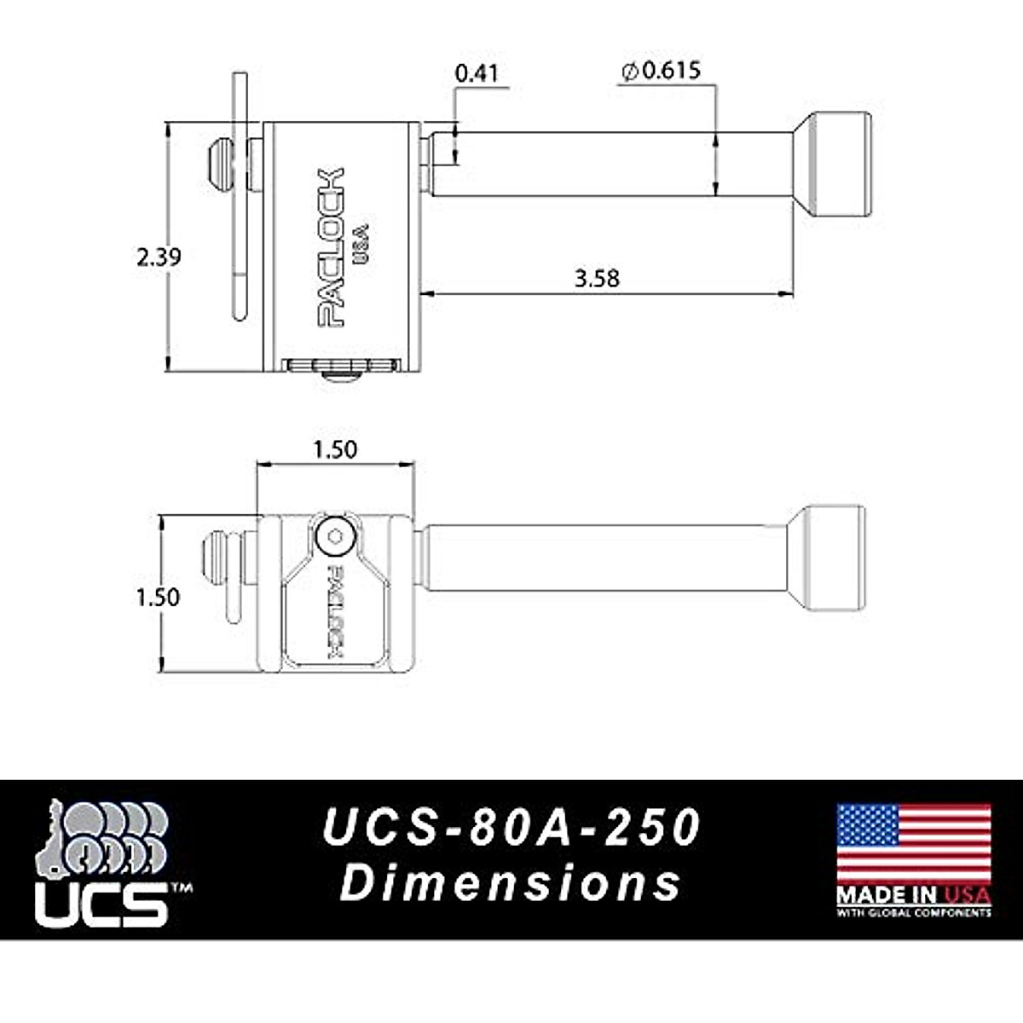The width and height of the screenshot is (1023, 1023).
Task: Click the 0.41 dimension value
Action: pyautogui.click(x=477, y=73)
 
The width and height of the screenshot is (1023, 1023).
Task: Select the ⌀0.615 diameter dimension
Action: pyautogui.click(x=661, y=71)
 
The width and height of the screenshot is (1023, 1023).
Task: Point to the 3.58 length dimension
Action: pyautogui.click(x=597, y=278)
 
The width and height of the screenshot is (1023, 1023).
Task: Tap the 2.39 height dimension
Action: pyautogui.click(x=159, y=257)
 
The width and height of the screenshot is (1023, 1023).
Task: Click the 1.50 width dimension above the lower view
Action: pyautogui.click(x=335, y=449)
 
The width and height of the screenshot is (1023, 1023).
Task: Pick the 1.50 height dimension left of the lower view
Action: pyautogui.click(x=159, y=597)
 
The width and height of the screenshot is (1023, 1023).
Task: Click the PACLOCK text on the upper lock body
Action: pyautogui.click(x=332, y=247)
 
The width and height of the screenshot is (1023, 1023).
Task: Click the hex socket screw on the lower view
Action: pyautogui.click(x=332, y=538)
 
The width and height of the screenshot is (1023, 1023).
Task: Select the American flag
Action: pyautogui.click(x=913, y=842)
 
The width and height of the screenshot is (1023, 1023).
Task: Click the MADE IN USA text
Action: pyautogui.click(x=913, y=895)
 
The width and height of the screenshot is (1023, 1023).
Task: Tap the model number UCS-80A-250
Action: pyautogui.click(x=511, y=827)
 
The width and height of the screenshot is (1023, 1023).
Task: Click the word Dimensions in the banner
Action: pyautogui.click(x=511, y=883)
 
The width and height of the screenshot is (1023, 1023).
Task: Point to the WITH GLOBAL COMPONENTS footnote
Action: pyautogui.click(x=913, y=913)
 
